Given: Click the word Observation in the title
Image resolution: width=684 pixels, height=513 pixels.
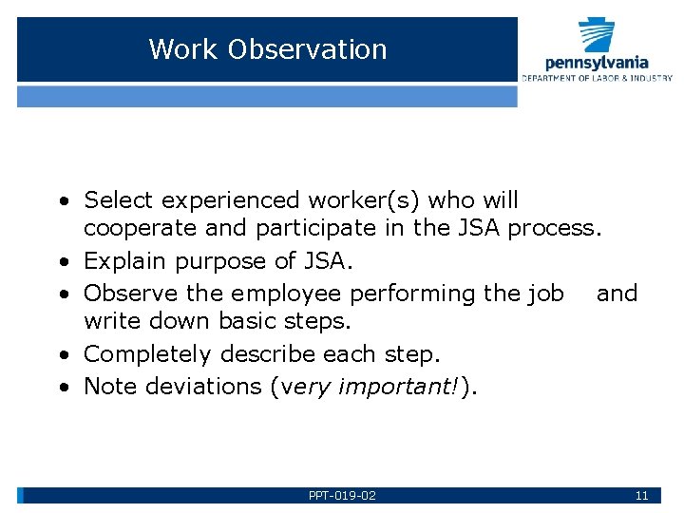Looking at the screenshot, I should coord(307,49).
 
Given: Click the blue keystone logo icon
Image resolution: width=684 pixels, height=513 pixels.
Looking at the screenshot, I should coord(597,36).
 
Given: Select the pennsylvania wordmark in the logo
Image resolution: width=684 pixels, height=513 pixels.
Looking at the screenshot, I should coord(597,63).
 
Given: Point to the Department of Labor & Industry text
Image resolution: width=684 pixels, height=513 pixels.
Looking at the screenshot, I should coord(597,78).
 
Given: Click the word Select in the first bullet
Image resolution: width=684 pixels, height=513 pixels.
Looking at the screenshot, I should coord(119,200).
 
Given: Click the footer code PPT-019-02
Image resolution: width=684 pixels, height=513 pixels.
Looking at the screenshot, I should coord(342,496).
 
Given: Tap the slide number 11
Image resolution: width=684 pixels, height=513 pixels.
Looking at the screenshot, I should coord(641,496).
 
